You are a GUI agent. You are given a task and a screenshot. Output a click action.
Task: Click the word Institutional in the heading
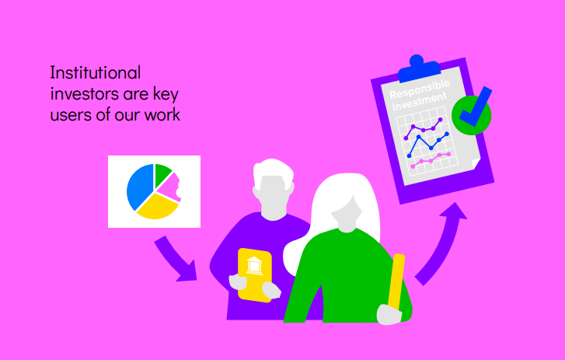coord(96,73)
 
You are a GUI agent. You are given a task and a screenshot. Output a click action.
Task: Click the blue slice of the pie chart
coord(139,186)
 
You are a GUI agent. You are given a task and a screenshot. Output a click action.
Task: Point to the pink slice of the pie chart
coord(170,187)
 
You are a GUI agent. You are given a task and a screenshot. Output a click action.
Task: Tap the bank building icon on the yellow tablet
coord(254,266)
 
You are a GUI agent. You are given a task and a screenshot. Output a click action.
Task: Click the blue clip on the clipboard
coord(419,68)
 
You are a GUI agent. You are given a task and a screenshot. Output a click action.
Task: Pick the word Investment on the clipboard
coord(419,102)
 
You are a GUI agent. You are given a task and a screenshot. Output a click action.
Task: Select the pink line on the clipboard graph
coord(431,160)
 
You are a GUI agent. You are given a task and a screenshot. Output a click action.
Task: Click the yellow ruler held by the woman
coord(396,281)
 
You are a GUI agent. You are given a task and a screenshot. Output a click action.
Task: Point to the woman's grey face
coord(347,213)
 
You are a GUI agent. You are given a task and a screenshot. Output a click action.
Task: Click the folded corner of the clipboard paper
coord(476,163)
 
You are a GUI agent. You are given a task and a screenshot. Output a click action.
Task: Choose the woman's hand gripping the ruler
coord(389,314)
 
